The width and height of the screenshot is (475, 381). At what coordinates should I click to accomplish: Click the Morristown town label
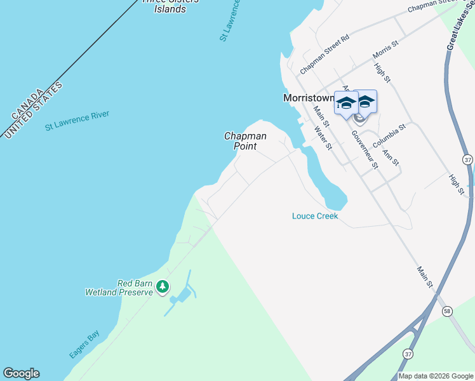pyautogui.click(x=307, y=98)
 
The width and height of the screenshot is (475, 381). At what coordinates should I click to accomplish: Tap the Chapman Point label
pyautogui.click(x=245, y=141)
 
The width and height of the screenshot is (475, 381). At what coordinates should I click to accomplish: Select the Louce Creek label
pyautogui.click(x=315, y=216)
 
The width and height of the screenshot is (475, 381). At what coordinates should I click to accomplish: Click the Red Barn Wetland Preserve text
pyautogui.click(x=119, y=288)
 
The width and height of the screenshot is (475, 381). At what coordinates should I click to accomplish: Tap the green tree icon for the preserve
pyautogui.click(x=163, y=287)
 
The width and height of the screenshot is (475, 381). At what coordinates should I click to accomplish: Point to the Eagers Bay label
pyautogui.click(x=84, y=344)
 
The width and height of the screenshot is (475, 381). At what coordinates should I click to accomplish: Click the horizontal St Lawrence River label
pyautogui.click(x=77, y=120)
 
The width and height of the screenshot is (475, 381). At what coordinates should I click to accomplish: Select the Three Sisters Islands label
pyautogui.click(x=170, y=6)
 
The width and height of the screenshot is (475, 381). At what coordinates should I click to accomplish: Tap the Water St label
pyautogui.click(x=324, y=138)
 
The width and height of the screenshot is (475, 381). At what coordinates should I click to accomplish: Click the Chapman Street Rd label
pyautogui.click(x=325, y=53)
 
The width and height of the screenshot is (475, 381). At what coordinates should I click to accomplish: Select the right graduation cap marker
pyautogui.click(x=365, y=102)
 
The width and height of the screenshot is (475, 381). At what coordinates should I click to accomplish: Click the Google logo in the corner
pyautogui.click(x=21, y=373)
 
